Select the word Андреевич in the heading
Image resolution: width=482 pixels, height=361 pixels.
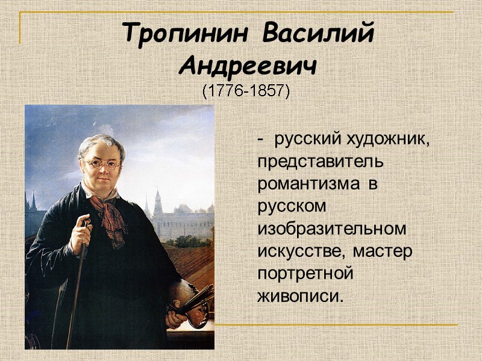click(x=248, y=66)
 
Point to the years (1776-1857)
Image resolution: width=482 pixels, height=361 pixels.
click(x=245, y=92)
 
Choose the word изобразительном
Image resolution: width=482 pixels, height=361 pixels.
click(x=331, y=229)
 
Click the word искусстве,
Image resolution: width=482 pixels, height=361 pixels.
click(x=302, y=251)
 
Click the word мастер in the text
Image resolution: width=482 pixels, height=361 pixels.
click(x=383, y=251)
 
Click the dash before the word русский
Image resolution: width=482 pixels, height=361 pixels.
click(x=260, y=140)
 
